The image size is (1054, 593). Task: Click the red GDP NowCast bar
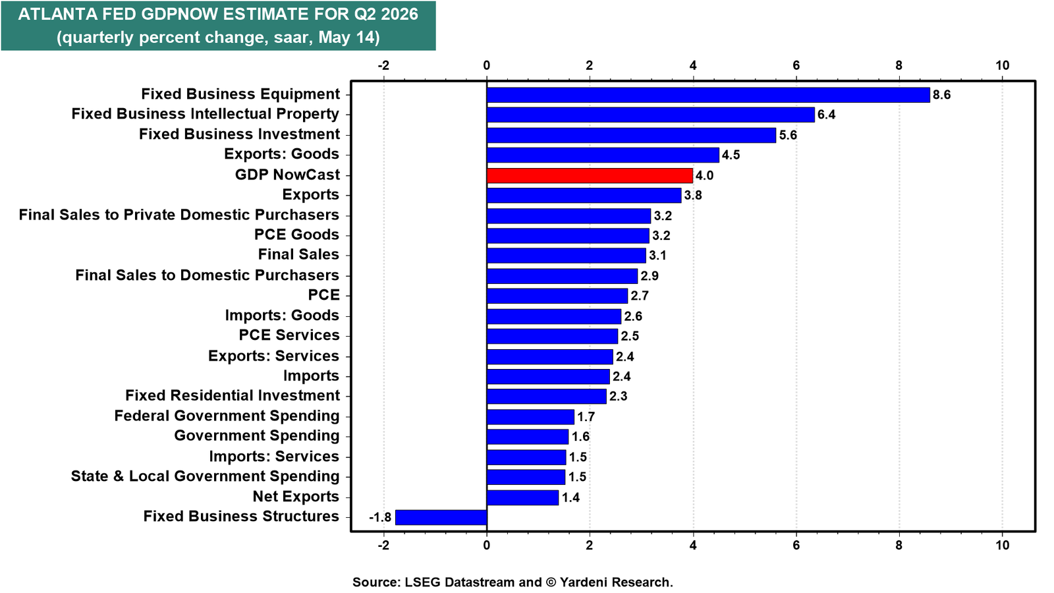coord(590,175)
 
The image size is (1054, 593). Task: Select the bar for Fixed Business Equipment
coord(708,95)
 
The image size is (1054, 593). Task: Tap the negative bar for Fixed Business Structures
coord(441,517)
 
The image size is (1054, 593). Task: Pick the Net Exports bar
coord(523,497)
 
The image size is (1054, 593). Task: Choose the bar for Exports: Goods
coord(603,155)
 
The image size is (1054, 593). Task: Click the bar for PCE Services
coord(552,336)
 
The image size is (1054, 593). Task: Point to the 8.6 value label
coord(941,95)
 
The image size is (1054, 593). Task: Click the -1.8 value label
coord(380,518)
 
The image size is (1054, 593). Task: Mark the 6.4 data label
coord(826,115)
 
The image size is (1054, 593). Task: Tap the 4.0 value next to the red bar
coord(704,175)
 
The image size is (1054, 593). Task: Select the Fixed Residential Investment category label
coord(233,395)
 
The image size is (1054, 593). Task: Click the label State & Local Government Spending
coord(205,476)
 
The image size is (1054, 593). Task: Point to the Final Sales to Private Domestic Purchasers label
coord(179,215)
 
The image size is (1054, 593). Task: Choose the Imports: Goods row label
coord(282,315)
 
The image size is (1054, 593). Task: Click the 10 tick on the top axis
coord(1002,65)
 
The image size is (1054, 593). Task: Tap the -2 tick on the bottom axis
coord(383,545)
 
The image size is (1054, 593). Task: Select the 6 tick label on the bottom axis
coord(796,545)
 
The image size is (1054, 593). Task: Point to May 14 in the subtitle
coord(348,37)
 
